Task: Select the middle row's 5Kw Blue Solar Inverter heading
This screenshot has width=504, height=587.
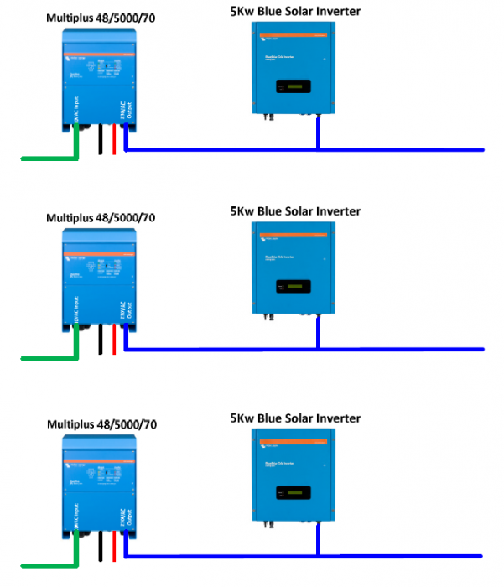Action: (295, 211)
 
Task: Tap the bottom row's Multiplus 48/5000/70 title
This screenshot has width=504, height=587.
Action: (101, 425)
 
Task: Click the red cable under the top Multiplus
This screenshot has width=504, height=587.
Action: (114, 142)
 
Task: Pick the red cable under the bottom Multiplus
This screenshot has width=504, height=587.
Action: (114, 549)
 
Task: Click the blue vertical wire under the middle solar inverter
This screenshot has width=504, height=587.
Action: (318, 333)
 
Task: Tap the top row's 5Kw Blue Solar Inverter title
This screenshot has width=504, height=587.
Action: (295, 11)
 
